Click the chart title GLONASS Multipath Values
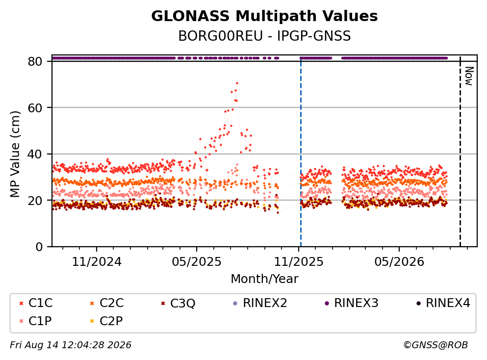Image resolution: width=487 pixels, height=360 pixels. click(264, 16)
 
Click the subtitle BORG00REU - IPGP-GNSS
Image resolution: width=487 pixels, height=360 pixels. click(264, 36)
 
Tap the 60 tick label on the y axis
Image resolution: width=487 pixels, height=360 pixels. click(35, 108)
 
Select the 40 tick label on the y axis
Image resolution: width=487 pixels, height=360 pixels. click(35, 154)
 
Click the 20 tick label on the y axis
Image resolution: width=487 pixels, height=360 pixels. click(35, 200)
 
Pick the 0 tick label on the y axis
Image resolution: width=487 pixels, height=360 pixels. click(39, 247)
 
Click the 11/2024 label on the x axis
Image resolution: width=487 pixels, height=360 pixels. click(97, 262)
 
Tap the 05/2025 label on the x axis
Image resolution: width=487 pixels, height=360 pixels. click(197, 262)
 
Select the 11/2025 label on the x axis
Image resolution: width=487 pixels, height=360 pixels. click(299, 262)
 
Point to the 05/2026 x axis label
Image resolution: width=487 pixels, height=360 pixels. click(399, 262)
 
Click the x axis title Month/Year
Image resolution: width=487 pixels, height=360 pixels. click(264, 279)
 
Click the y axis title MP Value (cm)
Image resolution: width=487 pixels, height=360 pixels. click(15, 154)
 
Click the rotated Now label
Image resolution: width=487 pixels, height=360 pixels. click(469, 76)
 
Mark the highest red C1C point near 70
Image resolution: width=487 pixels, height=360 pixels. click(237, 83)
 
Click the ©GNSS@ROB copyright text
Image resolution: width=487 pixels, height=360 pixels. click(436, 345)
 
